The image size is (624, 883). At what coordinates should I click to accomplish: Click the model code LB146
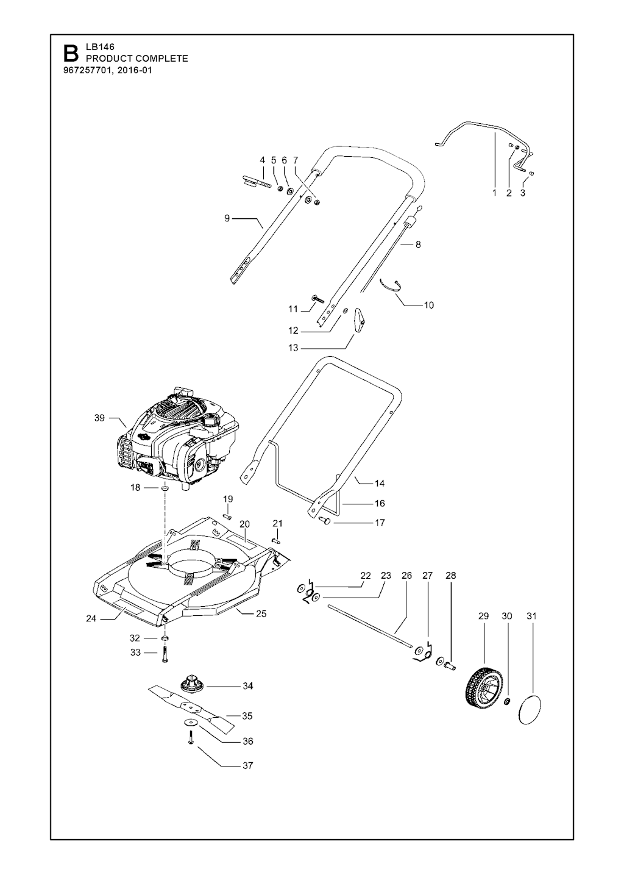pos(100,47)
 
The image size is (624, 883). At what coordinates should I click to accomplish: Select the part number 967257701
pos(85,71)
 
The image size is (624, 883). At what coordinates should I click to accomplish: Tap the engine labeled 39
pos(179,438)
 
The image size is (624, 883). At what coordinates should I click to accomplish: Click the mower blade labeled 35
pos(191,708)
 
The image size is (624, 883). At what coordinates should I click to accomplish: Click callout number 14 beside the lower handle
pos(380,484)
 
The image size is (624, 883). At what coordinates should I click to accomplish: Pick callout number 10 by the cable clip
pos(428,305)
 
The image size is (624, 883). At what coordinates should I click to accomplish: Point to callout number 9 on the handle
pos(227,218)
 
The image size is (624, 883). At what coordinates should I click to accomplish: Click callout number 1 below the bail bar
pos(494,193)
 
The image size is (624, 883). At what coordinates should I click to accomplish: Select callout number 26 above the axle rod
pos(406,575)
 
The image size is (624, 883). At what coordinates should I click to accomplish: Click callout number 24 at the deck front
pos(91,618)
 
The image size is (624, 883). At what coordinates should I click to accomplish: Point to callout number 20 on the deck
pos(244,524)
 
